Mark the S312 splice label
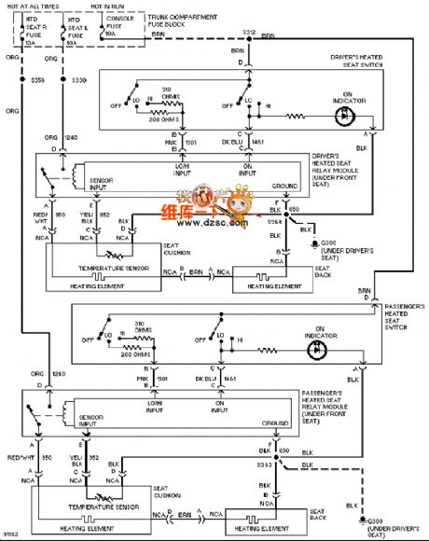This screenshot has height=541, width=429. (249, 33)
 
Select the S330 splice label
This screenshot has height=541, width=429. (78, 81)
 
